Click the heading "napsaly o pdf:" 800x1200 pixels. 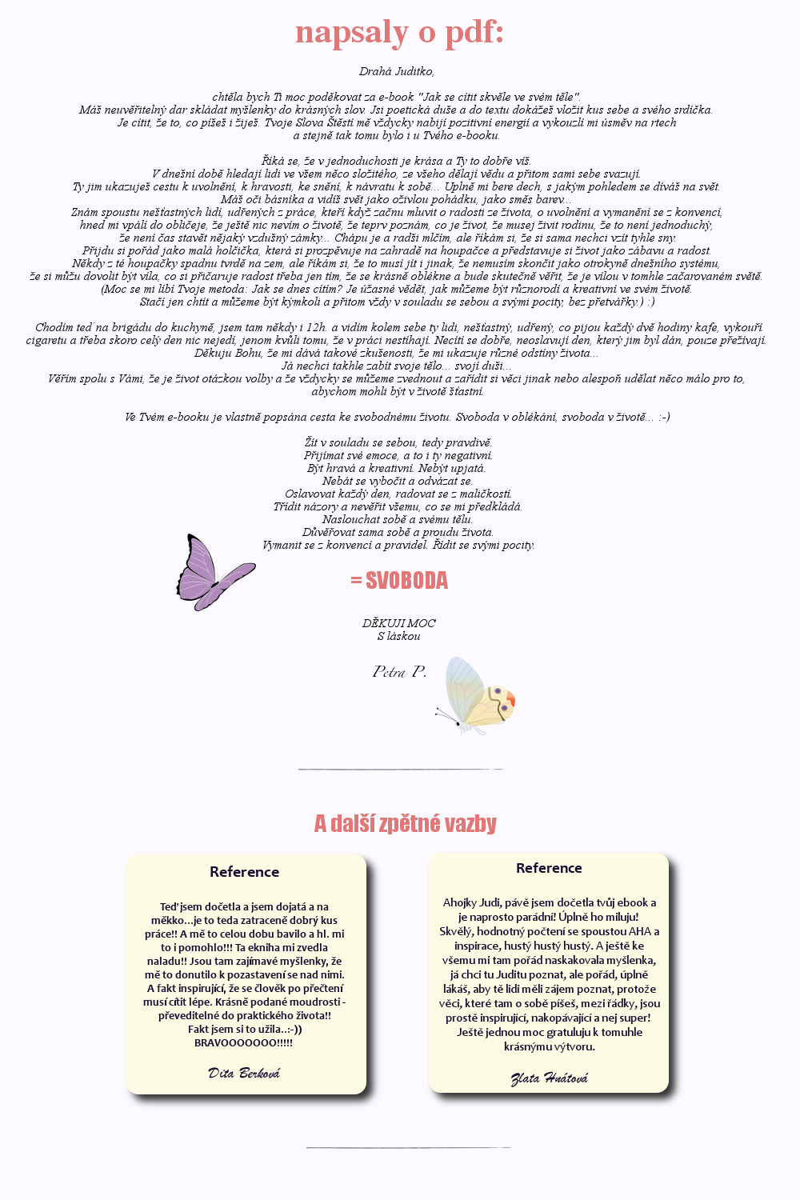pyautogui.click(x=399, y=33)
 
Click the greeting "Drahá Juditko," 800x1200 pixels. pyautogui.click(x=397, y=71)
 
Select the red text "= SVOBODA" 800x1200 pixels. pyautogui.click(x=399, y=581)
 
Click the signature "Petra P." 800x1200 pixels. pyautogui.click(x=399, y=671)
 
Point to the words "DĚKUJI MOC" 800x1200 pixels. pyautogui.click(x=399, y=623)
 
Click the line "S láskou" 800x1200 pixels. pyautogui.click(x=398, y=636)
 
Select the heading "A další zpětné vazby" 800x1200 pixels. pyautogui.click(x=405, y=823)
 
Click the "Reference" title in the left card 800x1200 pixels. pyautogui.click(x=244, y=872)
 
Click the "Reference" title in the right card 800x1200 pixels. pyautogui.click(x=549, y=868)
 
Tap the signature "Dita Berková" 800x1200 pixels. pyautogui.click(x=244, y=1073)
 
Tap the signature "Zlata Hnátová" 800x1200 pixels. pyautogui.click(x=549, y=1078)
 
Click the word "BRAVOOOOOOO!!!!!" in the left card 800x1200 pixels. pyautogui.click(x=244, y=1042)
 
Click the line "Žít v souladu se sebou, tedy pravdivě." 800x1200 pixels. pyautogui.click(x=398, y=442)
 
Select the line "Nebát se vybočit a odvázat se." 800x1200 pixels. pyautogui.click(x=398, y=481)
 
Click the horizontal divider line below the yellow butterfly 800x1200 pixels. pyautogui.click(x=400, y=770)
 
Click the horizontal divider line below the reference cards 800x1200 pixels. pyautogui.click(x=408, y=1148)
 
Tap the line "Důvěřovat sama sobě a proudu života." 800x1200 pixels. pyautogui.click(x=398, y=532)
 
